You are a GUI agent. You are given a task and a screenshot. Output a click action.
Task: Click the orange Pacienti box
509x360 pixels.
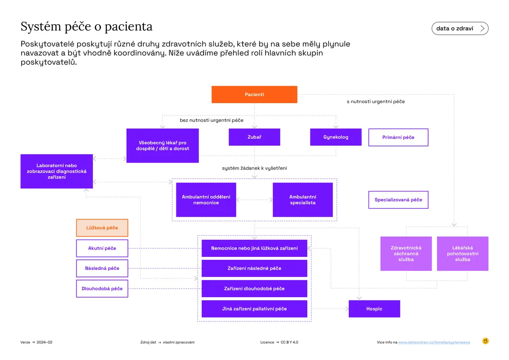pos(254,94)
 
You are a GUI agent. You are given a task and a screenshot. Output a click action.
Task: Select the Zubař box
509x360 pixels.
pos(254,137)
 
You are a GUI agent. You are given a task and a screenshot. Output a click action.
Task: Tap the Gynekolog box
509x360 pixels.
pos(336,137)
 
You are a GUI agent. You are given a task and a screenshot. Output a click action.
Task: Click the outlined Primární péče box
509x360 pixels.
pos(398,137)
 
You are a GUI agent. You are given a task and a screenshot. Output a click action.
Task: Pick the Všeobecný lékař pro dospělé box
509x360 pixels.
pos(162,146)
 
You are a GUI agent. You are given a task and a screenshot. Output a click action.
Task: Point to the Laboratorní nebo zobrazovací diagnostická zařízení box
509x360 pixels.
pos(56,171)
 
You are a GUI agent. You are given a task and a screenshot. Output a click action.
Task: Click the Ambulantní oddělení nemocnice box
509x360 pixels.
pos(206,200)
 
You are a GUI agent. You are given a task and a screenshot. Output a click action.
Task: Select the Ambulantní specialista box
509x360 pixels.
pos(303,200)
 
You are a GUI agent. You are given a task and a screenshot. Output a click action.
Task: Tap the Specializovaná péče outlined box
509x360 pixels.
pos(398,200)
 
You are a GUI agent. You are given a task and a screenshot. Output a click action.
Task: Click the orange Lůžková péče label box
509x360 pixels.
pos(102,228)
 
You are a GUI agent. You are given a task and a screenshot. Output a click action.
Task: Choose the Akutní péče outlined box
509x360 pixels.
pos(102,248)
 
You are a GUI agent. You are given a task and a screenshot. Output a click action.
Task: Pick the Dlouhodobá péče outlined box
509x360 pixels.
pos(102,288)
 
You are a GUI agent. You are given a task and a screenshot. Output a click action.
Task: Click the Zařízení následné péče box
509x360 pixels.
pos(254,268)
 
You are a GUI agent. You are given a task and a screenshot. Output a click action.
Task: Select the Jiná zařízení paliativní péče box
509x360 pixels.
pos(254,309)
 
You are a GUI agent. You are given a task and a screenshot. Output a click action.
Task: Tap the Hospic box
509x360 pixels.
pos(374,309)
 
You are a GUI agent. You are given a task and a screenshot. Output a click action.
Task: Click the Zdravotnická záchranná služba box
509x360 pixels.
pos(406,253)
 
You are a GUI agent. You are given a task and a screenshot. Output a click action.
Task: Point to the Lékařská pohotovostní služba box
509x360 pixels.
pos(462,253)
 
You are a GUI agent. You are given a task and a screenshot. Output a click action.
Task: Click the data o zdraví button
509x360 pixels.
pos(460,28)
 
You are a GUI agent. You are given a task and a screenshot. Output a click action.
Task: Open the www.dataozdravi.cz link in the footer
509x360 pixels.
pos(434,342)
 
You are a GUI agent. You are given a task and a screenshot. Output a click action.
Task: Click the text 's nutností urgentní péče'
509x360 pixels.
pos(376,101)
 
